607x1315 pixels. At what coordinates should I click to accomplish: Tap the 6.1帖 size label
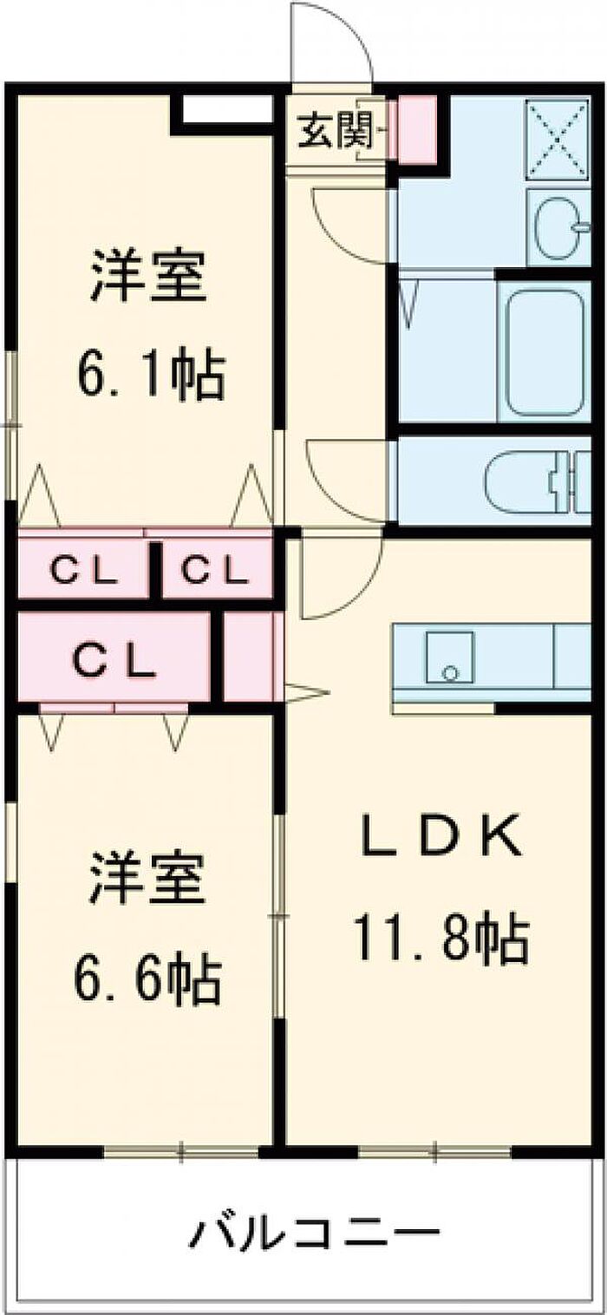[153, 374]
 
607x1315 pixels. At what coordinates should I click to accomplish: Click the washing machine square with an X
[558, 139]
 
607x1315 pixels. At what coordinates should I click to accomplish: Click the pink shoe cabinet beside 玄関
[416, 130]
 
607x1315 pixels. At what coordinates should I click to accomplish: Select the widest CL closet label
[114, 662]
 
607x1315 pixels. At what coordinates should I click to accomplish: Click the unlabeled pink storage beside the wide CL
[249, 657]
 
